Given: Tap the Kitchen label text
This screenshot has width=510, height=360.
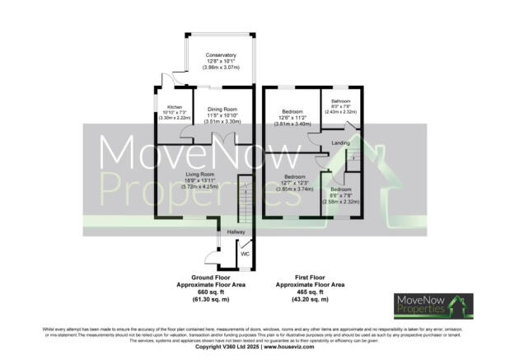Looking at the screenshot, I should pos(174,107).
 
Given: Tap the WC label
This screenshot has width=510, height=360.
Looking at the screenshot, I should pos(245,255).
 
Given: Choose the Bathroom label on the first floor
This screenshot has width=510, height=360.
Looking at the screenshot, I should pos(340,101).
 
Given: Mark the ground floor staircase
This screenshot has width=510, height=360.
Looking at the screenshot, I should pos(243,199).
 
